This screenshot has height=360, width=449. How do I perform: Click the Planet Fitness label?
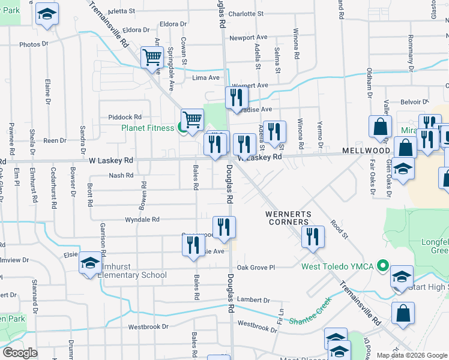pyautogui.click(x=148, y=127)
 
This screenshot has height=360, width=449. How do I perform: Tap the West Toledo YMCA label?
pyautogui.click(x=338, y=266)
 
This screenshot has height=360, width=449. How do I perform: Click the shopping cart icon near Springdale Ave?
pyautogui.click(x=152, y=58)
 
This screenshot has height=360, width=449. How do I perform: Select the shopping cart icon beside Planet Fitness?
pyautogui.click(x=193, y=119)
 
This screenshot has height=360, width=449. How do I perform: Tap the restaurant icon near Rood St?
pyautogui.click(x=312, y=236)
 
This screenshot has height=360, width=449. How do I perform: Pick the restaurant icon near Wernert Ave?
pyautogui.click(x=237, y=97)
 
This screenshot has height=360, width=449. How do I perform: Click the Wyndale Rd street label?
pyautogui.click(x=142, y=220)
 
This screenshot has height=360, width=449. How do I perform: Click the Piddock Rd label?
pyautogui.click(x=124, y=117)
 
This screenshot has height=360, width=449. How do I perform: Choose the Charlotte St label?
pyautogui.click(x=246, y=13)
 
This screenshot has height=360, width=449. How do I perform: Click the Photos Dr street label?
pyautogui.click(x=34, y=44)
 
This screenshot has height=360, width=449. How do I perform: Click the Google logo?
pyautogui.click(x=20, y=352)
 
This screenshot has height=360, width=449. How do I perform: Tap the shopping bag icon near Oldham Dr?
pyautogui.click(x=380, y=126)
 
